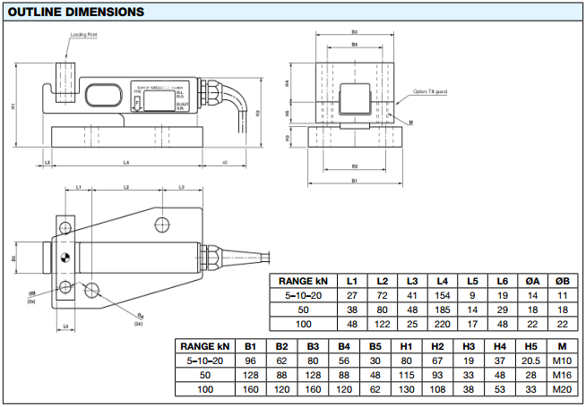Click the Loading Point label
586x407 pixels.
point(83,35)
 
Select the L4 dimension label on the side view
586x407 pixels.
point(126,162)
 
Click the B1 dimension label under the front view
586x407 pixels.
point(355,181)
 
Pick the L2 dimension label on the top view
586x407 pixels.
point(125,187)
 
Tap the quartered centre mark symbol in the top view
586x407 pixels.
point(65,259)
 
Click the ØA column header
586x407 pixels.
point(532,281)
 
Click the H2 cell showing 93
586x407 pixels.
point(436,375)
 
